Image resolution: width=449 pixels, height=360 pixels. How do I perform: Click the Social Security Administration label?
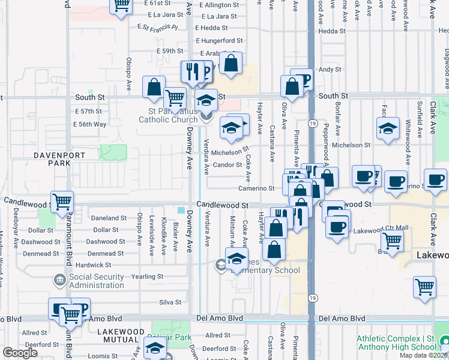pos(95,281)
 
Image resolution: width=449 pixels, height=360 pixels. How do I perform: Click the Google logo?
pos(20,353)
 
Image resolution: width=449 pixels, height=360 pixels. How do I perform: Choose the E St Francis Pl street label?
pos(158,27)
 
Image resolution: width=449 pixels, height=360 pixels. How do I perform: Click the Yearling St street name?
pos(147,277)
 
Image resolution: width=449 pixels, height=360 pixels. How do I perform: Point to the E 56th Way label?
pos(89,124)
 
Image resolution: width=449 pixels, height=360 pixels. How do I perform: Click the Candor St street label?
pos(227,165)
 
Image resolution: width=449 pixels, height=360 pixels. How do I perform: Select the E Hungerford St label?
pos(219,41)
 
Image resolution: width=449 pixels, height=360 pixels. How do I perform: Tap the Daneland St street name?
pos(109,218)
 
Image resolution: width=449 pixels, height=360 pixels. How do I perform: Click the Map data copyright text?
pos(423,355)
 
